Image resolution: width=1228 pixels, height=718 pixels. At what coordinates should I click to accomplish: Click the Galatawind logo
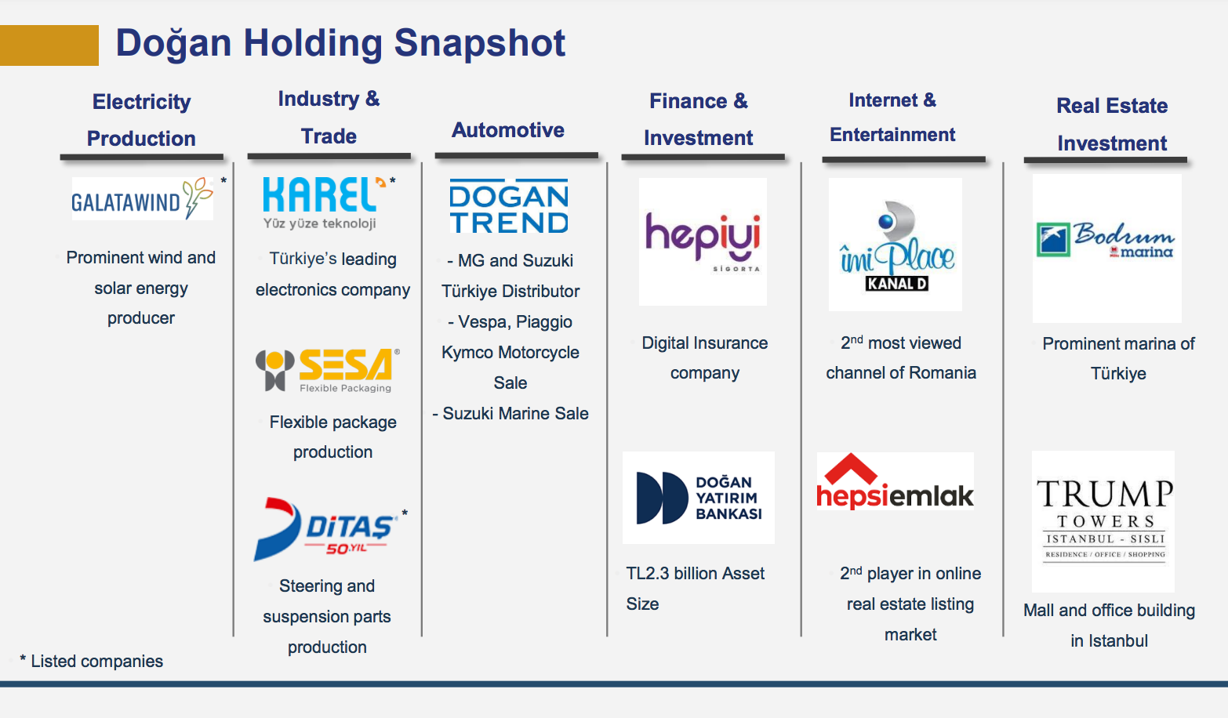coord(142,199)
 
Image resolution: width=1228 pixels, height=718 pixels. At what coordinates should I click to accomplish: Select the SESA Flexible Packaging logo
coord(328,370)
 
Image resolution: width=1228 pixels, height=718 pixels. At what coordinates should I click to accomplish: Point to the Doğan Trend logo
coord(509,207)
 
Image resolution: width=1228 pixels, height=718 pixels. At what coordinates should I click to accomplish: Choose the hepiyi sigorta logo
coord(703,241)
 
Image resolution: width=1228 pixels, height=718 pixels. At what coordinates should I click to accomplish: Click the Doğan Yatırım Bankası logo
coord(699,498)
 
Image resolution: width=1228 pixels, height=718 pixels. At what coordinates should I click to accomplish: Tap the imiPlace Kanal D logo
coord(896,245)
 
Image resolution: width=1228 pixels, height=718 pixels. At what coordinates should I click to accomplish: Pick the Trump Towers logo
coord(1104,520)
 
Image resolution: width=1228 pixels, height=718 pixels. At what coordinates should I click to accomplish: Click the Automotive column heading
coord(508,130)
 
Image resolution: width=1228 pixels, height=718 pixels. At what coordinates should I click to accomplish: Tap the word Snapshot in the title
coord(480,43)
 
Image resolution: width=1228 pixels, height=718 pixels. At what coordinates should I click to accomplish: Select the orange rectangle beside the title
coord(49,45)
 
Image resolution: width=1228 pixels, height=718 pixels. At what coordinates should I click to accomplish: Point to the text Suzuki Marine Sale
coord(515,414)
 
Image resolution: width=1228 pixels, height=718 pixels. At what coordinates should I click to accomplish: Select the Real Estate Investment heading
coord(1112,125)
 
